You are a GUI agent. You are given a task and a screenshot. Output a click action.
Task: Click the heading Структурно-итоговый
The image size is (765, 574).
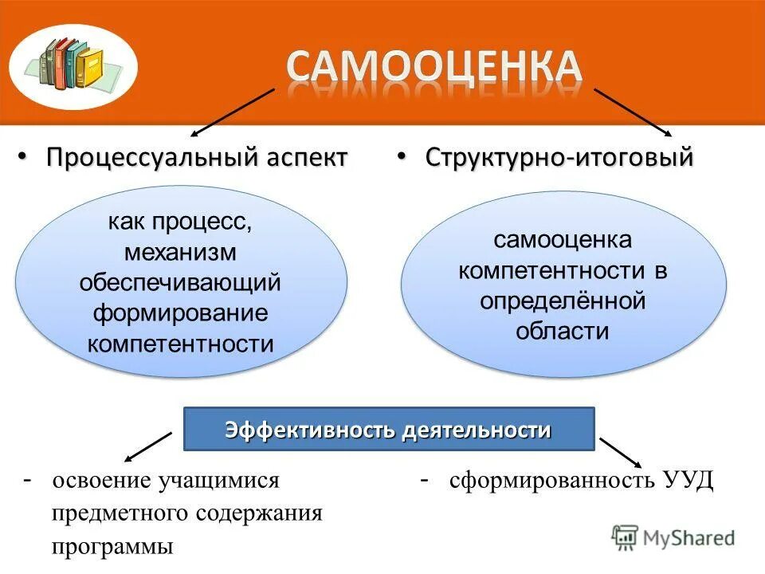pyautogui.click(x=559, y=157)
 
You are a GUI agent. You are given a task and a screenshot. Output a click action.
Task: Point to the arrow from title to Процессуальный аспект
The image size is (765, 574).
pyautogui.click(x=232, y=111)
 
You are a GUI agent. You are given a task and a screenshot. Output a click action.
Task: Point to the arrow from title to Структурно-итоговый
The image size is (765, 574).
pyautogui.click(x=634, y=112)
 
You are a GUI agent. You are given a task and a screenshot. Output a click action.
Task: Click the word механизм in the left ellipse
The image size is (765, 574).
pyautogui.click(x=180, y=252)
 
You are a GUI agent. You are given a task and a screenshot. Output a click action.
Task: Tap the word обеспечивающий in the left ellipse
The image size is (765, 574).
pyautogui.click(x=180, y=282)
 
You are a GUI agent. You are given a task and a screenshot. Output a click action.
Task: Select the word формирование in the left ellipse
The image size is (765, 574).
pyautogui.click(x=180, y=313)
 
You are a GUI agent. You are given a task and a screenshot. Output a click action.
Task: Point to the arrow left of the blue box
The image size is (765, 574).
pyautogui.click(x=148, y=447)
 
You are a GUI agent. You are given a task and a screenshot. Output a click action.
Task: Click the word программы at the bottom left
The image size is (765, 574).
pyautogui.click(x=112, y=547)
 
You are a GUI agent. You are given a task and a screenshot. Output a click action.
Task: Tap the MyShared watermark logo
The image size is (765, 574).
pyautogui.click(x=673, y=537)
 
